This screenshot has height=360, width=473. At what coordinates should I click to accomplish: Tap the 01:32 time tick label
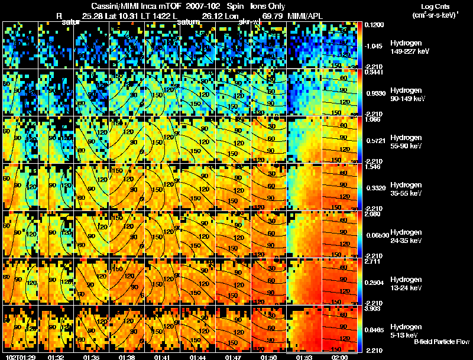pos(56,357)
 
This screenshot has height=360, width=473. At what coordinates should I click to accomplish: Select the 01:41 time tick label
pos(162,357)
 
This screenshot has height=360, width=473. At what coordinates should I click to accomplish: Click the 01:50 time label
pos(269,357)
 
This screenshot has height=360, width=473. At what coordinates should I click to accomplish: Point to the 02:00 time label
pos(340,357)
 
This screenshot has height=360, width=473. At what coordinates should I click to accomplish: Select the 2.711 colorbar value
pos(372,262)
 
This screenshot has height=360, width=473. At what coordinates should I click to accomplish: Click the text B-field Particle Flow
pos(442,342)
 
